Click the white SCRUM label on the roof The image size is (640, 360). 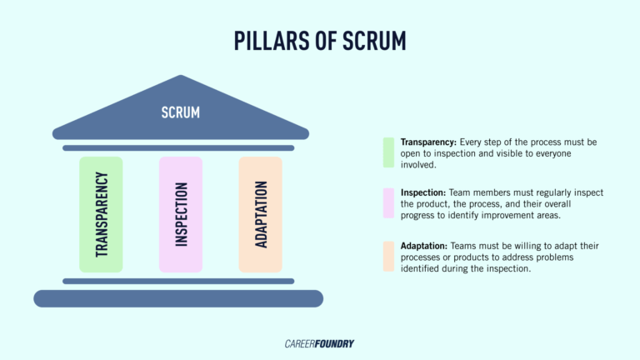tap(181, 112)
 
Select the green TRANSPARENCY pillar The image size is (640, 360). tap(101, 214)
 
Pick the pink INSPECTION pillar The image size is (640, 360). tap(181, 214)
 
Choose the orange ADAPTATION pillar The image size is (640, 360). tap(260, 214)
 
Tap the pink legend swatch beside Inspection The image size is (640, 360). tap(388, 203)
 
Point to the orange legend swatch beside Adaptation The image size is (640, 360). tap(388, 257)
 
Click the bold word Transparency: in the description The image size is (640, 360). tap(430, 142)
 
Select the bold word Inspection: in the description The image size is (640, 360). tap(426, 192)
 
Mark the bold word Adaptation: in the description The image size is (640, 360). tap(424, 246)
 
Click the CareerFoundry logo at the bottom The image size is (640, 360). tap(320, 342)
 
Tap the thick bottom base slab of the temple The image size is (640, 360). tap(178, 298)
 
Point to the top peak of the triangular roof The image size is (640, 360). tap(181, 78)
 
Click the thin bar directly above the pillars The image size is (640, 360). tap(178, 148)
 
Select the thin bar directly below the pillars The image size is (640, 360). tap(178, 281)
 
